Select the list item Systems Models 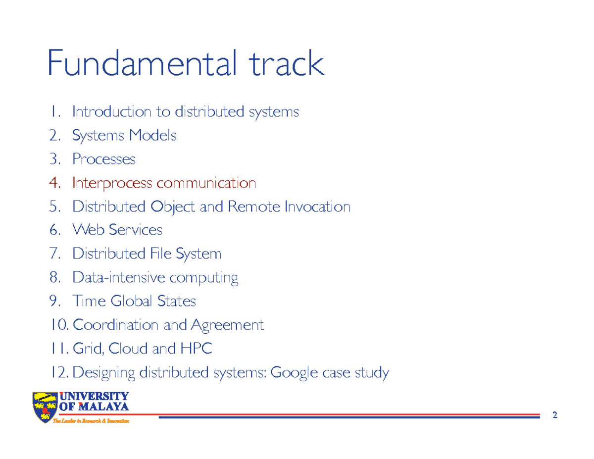pos(124,135)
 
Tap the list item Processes pos(103,159)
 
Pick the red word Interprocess pos(112,183)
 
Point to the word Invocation pos(317,206)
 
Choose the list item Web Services pos(117,230)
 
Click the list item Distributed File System pos(147,254)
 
